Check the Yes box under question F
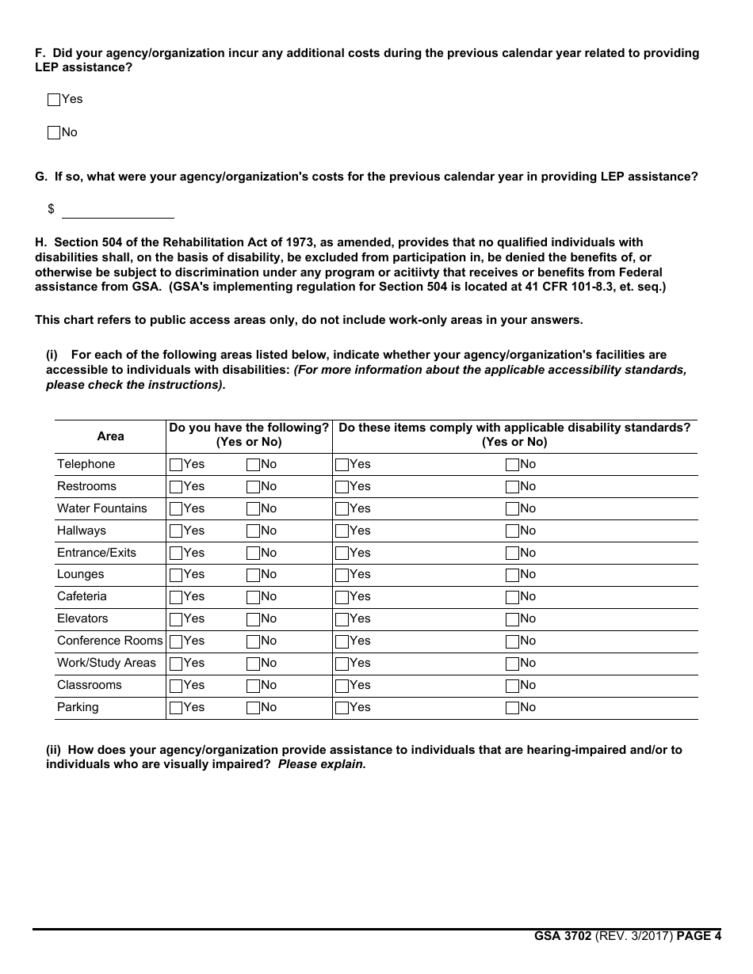(54, 100)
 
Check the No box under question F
(54, 133)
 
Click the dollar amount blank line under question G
(117, 211)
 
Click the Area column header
(110, 436)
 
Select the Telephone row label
(86, 464)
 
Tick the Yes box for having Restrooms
(176, 487)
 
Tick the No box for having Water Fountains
(253, 509)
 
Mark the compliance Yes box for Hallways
(342, 531)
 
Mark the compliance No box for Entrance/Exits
(512, 554)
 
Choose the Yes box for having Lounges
(176, 575)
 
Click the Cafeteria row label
(82, 596)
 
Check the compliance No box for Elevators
(512, 619)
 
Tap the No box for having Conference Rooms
(253, 641)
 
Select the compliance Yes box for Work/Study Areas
(342, 664)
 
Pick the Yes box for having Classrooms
(176, 686)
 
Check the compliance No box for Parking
(512, 708)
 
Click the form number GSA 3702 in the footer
(562, 936)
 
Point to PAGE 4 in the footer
(698, 936)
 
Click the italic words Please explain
(322, 765)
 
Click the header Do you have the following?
(249, 428)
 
